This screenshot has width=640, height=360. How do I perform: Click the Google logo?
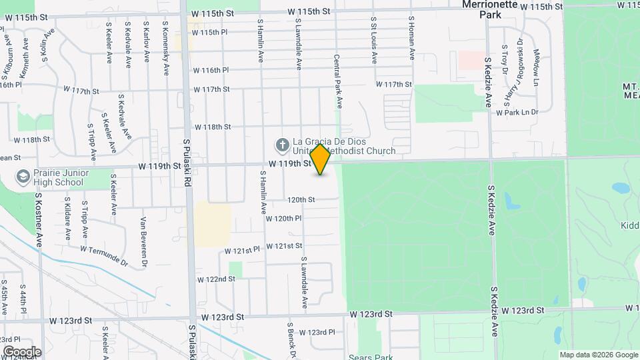[x=22, y=351]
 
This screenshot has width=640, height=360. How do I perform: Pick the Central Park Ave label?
[x=338, y=82]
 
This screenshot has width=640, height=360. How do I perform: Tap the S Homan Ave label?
[x=412, y=39]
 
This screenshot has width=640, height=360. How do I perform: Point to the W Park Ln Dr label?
[x=517, y=113]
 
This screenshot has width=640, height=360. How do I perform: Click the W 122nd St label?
[x=216, y=279]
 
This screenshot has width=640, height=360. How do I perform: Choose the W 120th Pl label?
[x=283, y=218]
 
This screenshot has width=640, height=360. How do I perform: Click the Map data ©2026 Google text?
[x=598, y=355]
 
